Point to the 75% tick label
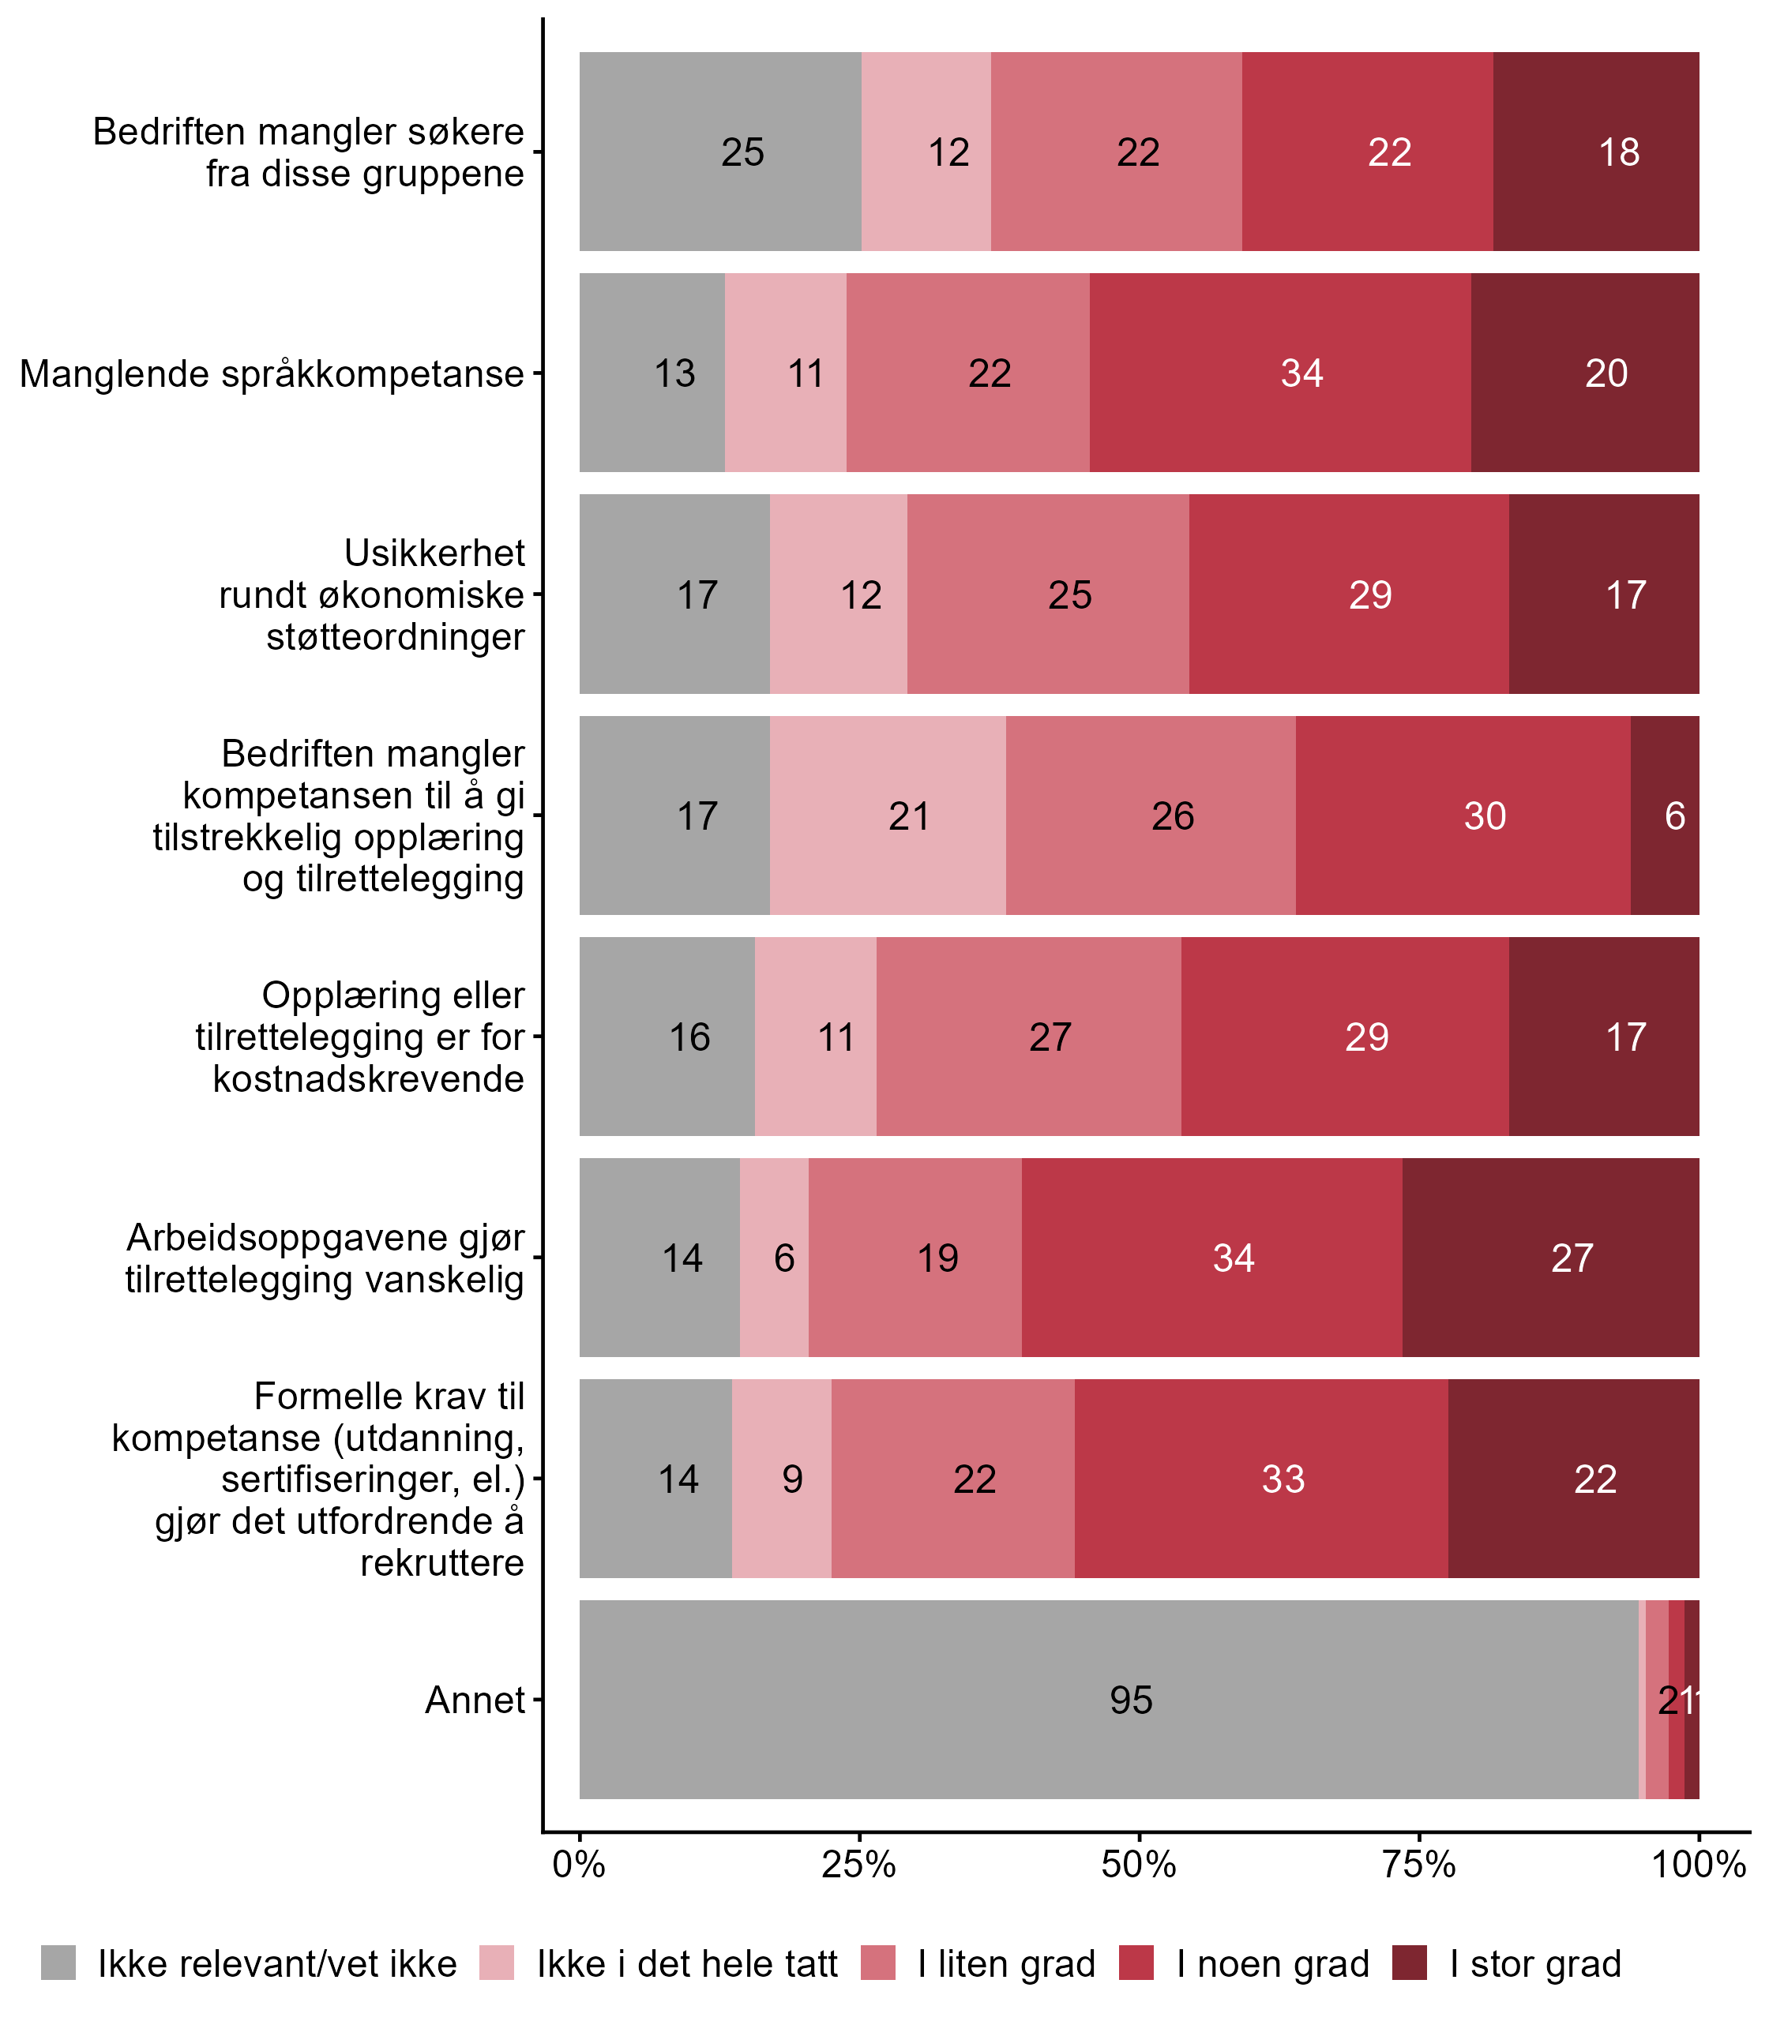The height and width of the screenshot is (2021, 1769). (x=1418, y=1864)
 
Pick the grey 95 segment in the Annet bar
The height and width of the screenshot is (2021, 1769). (x=1107, y=1699)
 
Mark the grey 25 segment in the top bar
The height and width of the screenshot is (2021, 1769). (x=719, y=152)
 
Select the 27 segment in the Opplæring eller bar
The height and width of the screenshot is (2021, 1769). (x=1028, y=1036)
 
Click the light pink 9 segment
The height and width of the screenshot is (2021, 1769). (x=782, y=1478)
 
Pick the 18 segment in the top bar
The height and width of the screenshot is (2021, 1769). (x=1596, y=152)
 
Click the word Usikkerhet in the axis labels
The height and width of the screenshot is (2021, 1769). (x=434, y=553)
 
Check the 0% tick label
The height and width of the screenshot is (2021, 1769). (x=578, y=1864)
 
